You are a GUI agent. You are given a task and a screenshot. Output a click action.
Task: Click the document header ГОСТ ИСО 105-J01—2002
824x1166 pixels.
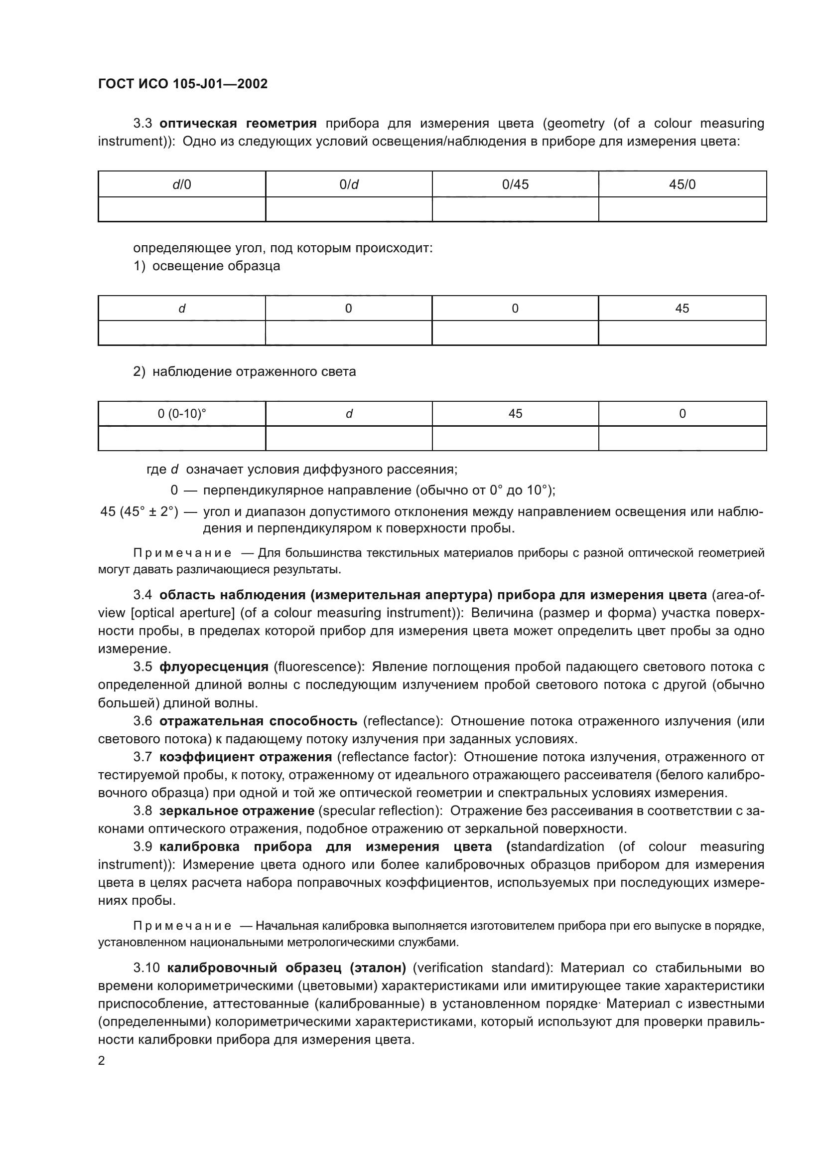coord(183,84)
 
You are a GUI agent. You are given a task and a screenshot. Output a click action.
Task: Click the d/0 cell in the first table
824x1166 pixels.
coord(182,184)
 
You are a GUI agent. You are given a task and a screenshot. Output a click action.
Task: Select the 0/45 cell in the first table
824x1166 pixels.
coord(515,184)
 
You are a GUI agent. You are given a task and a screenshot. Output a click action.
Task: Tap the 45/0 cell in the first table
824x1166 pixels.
coord(682,184)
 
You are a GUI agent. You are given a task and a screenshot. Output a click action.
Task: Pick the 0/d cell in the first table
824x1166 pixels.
coord(349,184)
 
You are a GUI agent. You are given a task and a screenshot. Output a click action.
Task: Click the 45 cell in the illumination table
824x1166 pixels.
coord(682,308)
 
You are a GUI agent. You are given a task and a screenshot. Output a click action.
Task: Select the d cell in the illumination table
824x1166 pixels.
coord(182,308)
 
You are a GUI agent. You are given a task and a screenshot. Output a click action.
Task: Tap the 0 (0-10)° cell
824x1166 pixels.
coord(182,414)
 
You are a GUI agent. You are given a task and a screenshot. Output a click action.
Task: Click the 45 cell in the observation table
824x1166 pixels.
coord(515,414)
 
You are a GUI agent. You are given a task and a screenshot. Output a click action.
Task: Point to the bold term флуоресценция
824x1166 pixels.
coord(214,667)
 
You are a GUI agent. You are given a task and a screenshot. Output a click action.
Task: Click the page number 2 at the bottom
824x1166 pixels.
coord(102,1061)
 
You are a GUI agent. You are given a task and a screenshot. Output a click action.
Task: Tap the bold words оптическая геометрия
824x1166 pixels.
coord(238,124)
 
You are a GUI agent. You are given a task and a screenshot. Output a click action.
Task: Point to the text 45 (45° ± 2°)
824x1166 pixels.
coord(139,511)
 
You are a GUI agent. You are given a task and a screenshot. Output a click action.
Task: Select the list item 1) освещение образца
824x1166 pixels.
coord(207,266)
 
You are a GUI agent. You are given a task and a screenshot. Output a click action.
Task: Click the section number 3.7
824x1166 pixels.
coord(142,757)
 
